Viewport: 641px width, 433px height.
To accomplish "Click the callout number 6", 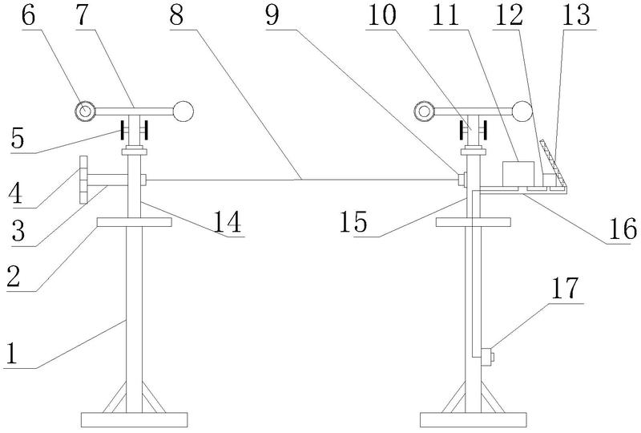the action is coord(28,15).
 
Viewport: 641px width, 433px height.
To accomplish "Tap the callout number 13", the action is coord(576,15).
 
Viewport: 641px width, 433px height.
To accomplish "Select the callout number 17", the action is coord(565,289).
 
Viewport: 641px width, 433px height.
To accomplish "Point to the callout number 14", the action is coord(228,222).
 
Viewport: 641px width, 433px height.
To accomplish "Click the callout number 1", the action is coord(12,354).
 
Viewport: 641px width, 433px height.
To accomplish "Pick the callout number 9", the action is coord(272,15).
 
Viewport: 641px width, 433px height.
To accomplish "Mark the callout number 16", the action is coord(623,229).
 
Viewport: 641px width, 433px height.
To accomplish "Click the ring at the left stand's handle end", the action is coord(85,111).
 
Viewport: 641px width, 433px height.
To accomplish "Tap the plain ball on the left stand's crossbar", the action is coord(183,111).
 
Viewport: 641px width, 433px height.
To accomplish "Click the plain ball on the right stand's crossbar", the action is coord(522,111).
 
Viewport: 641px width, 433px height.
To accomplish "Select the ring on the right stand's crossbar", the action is coord(425,111).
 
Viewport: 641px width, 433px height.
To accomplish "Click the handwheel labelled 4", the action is coord(83,180).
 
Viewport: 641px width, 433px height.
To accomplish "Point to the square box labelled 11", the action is coord(518,173).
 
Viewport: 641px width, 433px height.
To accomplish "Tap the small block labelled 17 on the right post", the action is coord(487,357).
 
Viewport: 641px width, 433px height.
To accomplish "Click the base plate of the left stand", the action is coord(134,420).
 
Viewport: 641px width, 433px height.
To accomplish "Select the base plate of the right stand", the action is coord(474,420).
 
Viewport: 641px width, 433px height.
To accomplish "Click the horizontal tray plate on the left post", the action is coord(134,222).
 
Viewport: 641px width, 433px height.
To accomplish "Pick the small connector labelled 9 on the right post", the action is coord(462,180).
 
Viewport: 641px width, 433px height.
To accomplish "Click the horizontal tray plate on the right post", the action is coord(474,222).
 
